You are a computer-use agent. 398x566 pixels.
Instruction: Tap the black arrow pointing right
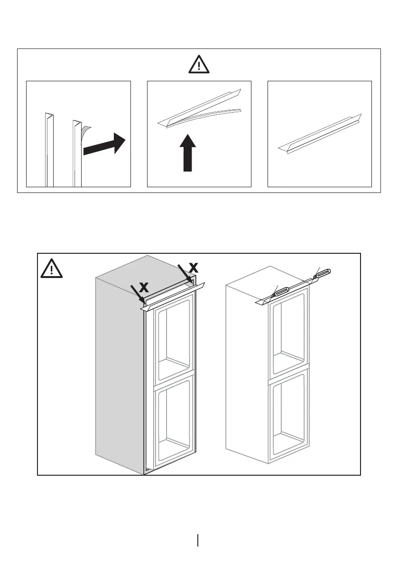click(103, 145)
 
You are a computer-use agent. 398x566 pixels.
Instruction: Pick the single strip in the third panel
click(319, 134)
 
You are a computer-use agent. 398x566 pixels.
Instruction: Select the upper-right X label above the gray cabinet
click(193, 268)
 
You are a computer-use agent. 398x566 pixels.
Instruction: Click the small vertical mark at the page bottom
click(197, 540)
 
